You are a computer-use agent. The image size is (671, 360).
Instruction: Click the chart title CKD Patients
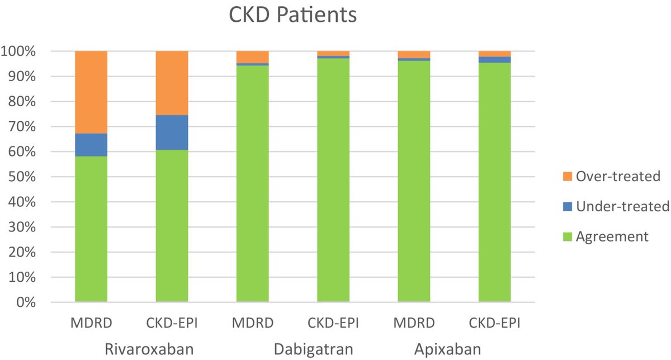292,15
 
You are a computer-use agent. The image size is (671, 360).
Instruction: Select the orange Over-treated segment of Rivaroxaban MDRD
91,92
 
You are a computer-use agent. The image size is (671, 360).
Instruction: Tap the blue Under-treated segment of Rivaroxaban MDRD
91,145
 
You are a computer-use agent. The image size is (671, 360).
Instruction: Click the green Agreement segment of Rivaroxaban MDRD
91,229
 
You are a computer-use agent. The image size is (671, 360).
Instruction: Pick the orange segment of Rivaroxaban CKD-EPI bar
172,83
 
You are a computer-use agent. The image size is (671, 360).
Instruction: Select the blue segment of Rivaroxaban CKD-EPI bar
172,132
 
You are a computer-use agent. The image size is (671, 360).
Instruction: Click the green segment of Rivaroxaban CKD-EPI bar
172,226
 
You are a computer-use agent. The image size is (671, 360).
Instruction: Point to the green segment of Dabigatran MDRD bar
252,184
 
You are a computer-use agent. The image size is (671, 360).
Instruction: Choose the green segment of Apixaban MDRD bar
414,182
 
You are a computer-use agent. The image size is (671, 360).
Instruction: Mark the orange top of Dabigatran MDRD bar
252,56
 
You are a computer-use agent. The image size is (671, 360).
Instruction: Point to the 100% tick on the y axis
20,51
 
